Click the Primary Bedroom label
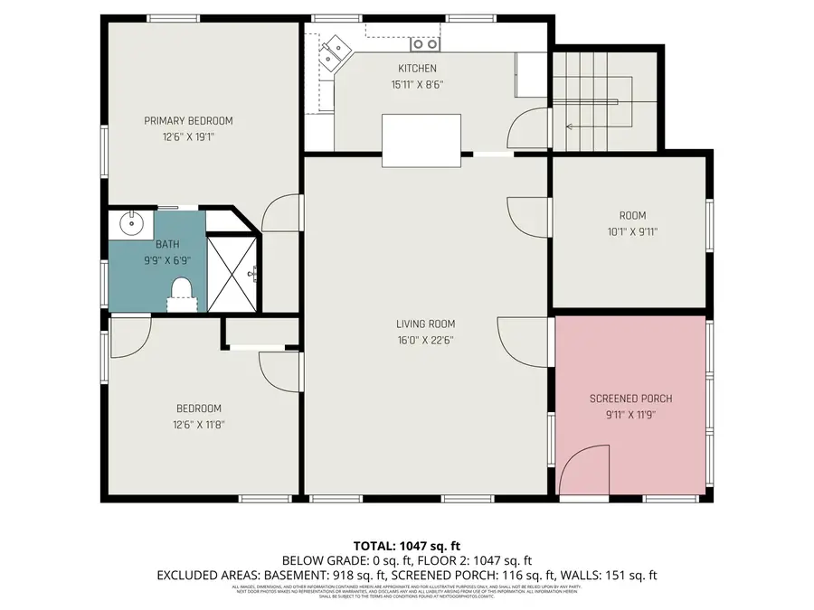click(x=188, y=121)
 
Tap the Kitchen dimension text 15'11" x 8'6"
click(x=417, y=85)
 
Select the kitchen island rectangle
click(x=421, y=140)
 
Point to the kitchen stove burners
click(x=424, y=43)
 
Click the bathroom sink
click(x=131, y=222)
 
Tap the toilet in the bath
click(x=182, y=291)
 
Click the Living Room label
click(x=425, y=324)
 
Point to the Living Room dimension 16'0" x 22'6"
click(x=425, y=341)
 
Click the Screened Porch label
click(x=630, y=399)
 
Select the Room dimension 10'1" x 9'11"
click(x=632, y=231)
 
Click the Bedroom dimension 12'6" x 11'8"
click(x=199, y=425)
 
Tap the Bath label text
click(x=167, y=244)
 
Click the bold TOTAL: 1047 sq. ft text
click(x=407, y=546)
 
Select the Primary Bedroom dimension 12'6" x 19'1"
click(x=188, y=137)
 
